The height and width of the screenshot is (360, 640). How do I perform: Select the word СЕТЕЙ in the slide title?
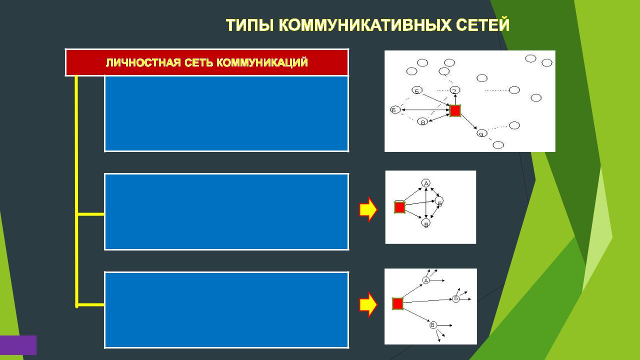click(482, 25)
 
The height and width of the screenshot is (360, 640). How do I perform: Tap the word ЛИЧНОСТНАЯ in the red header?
click(143, 62)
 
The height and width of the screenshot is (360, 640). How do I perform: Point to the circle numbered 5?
click(417, 90)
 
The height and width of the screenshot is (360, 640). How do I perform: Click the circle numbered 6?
click(395, 109)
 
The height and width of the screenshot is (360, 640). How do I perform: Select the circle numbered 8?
click(422, 121)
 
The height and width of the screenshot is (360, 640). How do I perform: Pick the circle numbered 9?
click(481, 133)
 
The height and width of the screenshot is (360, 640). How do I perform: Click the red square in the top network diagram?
click(455, 110)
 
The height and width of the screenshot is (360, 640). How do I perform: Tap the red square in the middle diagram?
click(399, 207)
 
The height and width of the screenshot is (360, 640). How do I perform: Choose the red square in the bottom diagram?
click(397, 303)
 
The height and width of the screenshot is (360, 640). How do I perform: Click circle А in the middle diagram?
click(426, 183)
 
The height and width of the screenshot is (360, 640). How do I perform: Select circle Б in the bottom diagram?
click(456, 299)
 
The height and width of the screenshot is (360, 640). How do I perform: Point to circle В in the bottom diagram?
click(433, 325)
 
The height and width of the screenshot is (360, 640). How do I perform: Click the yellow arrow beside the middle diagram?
click(368, 209)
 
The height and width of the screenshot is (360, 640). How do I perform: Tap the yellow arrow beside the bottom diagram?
click(368, 304)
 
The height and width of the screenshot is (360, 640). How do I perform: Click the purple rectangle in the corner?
click(18, 345)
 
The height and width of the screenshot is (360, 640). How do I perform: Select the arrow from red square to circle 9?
click(469, 122)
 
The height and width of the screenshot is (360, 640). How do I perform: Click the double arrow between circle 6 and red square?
click(425, 109)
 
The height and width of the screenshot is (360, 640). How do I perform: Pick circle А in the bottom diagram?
click(426, 280)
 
